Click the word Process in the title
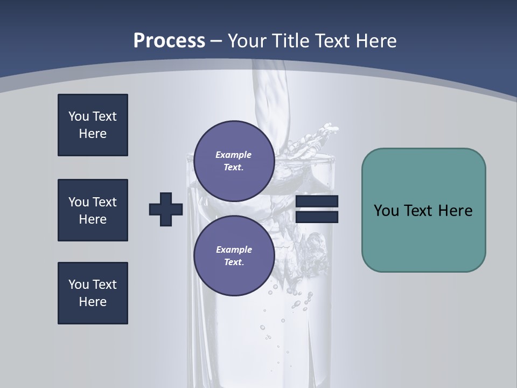click(169, 41)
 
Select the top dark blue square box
click(93, 125)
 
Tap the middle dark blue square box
click(93, 210)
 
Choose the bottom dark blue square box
click(93, 293)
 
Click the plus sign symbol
click(166, 209)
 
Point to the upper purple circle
click(234, 161)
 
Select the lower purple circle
click(234, 256)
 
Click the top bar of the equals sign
click(317, 202)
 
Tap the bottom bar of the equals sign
click(317, 217)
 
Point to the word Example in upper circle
click(234, 155)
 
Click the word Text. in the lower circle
click(234, 262)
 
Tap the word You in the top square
click(78, 116)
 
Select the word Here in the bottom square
click(93, 302)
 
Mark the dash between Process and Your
click(216, 41)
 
